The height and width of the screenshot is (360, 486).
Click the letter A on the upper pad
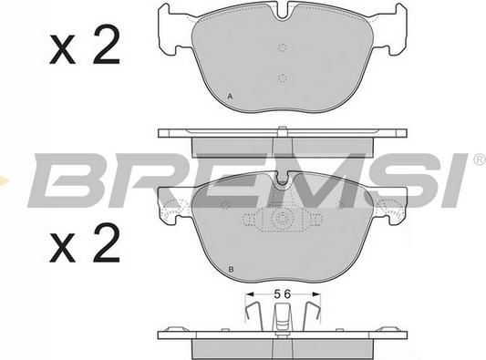pos(230,97)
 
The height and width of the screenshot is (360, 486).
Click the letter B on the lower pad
pos(231,269)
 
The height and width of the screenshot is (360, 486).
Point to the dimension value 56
pos(283,293)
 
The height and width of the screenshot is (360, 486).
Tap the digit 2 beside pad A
pos(107,45)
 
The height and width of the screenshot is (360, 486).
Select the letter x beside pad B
pos(62,248)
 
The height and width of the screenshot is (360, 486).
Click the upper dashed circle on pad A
pos(282,47)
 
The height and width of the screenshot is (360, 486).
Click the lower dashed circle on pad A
pos(282,78)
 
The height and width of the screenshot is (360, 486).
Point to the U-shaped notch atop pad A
pos(283,12)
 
